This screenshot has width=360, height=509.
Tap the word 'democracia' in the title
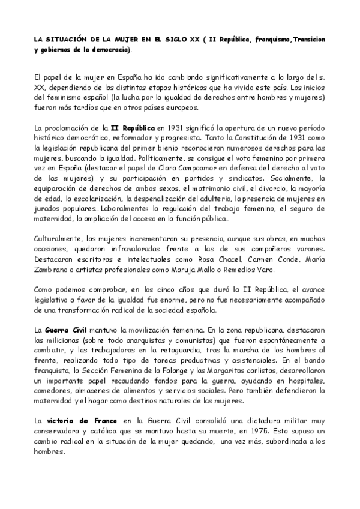click(x=109, y=49)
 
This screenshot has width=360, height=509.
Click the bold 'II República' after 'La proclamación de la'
click(x=133, y=128)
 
